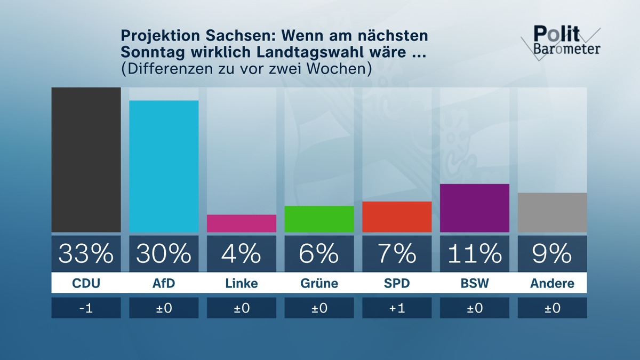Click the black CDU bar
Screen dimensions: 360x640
click(x=86, y=160)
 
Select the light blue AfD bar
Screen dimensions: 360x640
click(x=164, y=166)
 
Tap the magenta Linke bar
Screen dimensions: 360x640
click(x=242, y=223)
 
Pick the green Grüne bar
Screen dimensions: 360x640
click(x=319, y=219)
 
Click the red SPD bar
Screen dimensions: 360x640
click(x=397, y=217)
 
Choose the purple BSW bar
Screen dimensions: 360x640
click(x=475, y=208)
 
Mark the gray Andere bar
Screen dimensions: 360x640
click(x=552, y=212)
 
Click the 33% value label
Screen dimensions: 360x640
click(x=86, y=253)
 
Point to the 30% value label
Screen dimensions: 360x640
click(x=164, y=253)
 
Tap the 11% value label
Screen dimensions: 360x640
click(x=475, y=253)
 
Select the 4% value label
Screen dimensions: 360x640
click(x=242, y=253)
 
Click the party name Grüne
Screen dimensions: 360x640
click(x=319, y=283)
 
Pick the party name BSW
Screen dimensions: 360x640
click(x=475, y=283)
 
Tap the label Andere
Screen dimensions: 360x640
click(x=552, y=283)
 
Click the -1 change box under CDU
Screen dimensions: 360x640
click(x=86, y=308)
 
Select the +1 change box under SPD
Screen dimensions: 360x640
click(x=397, y=308)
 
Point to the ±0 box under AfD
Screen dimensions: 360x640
click(x=164, y=308)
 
